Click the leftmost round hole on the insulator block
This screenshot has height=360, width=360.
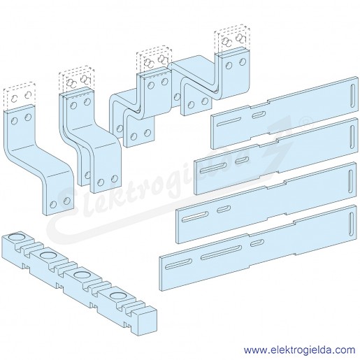[15, 238]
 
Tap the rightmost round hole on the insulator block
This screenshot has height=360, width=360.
[117, 296]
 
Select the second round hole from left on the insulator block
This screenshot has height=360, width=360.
[48, 256]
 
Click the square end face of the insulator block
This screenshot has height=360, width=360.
[147, 323]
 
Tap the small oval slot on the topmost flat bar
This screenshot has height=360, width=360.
[259, 115]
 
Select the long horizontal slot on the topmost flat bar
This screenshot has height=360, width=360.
[229, 122]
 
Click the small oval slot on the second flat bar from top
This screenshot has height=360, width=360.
[242, 160]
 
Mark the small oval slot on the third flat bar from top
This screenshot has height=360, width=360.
[224, 210]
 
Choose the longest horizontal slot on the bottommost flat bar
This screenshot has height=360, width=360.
[221, 252]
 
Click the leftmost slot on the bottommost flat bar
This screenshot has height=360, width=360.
[179, 264]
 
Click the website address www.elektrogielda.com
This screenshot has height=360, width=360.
[299, 350]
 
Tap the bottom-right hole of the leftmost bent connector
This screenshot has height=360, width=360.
[67, 200]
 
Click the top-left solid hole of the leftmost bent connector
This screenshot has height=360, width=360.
[14, 121]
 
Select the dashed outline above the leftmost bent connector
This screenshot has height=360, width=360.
[20, 97]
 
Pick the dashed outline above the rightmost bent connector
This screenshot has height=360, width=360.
[232, 38]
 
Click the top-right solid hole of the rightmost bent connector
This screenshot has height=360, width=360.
[243, 62]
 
